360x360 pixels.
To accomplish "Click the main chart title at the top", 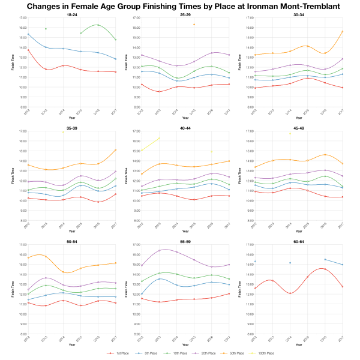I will pyautogui.click(x=180, y=6).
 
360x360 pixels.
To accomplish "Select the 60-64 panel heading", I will pyautogui.click(x=299, y=241).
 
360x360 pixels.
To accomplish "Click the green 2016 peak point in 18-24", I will pyautogui.click(x=98, y=25).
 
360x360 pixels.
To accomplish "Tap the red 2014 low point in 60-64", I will pyautogui.click(x=290, y=293).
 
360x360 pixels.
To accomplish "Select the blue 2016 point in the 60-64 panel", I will pyautogui.click(x=325, y=259).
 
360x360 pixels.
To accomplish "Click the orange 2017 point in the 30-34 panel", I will pyautogui.click(x=342, y=31).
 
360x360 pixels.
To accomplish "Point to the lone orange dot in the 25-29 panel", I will pyautogui.click(x=194, y=25).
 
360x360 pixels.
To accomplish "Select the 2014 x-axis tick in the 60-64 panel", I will pyautogui.click(x=290, y=341).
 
